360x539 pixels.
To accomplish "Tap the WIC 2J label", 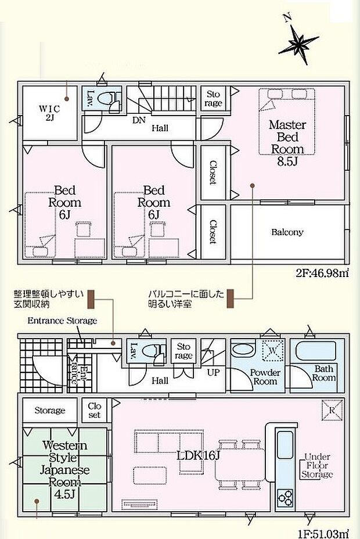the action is (49, 113).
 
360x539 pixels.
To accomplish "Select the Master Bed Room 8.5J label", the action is (287, 143).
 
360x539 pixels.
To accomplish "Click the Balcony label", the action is (287, 232).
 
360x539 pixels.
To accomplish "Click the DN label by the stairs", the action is (139, 120).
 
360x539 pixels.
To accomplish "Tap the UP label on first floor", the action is (213, 372).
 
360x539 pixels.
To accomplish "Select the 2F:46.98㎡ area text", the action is (322, 274).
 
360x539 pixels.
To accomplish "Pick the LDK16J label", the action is (198, 455).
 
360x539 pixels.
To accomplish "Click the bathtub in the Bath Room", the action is (316, 351).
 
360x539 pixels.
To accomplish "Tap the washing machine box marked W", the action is (273, 351).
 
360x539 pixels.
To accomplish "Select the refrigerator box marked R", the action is (332, 410).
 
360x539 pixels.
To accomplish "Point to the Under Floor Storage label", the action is (316, 466).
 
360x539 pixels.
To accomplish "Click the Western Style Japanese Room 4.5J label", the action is (64, 469).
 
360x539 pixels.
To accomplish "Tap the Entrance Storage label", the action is (62, 321).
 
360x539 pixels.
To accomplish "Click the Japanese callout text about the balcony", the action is (186, 299).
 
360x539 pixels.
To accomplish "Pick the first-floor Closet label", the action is (94, 411).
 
